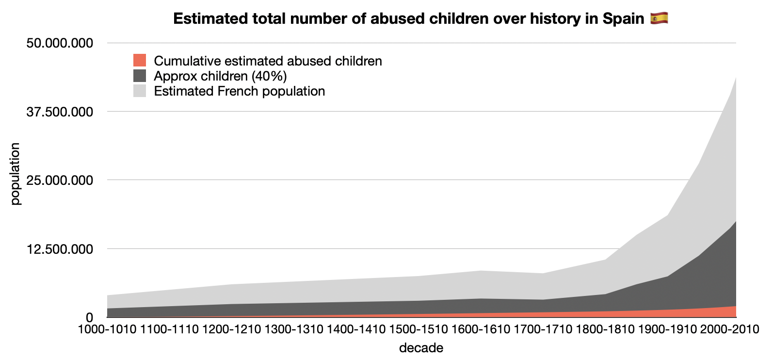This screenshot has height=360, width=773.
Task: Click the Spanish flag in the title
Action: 659,18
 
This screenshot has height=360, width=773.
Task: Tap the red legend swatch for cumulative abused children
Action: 139,60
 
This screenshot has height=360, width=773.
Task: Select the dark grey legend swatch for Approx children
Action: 139,76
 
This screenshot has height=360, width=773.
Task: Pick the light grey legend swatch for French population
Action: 139,91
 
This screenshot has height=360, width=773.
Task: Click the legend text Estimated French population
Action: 240,91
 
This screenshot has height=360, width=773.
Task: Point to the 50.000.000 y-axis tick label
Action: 60,43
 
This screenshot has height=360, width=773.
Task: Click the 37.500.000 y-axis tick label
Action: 60,112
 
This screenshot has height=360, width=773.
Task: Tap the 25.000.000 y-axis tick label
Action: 60,180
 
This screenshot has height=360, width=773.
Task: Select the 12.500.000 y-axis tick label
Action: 60,249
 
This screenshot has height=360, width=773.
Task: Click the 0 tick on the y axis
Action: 89,317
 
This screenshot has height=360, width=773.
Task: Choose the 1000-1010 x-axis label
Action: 107,329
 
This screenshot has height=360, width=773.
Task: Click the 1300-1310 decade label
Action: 294,329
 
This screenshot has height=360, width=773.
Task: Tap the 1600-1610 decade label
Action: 481,329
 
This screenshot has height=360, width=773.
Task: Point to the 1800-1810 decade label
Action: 605,329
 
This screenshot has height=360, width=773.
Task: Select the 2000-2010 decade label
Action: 730,329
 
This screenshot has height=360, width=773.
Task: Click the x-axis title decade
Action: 421,347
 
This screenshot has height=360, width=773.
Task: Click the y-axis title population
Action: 15,174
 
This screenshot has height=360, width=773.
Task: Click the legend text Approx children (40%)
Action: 221,76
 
